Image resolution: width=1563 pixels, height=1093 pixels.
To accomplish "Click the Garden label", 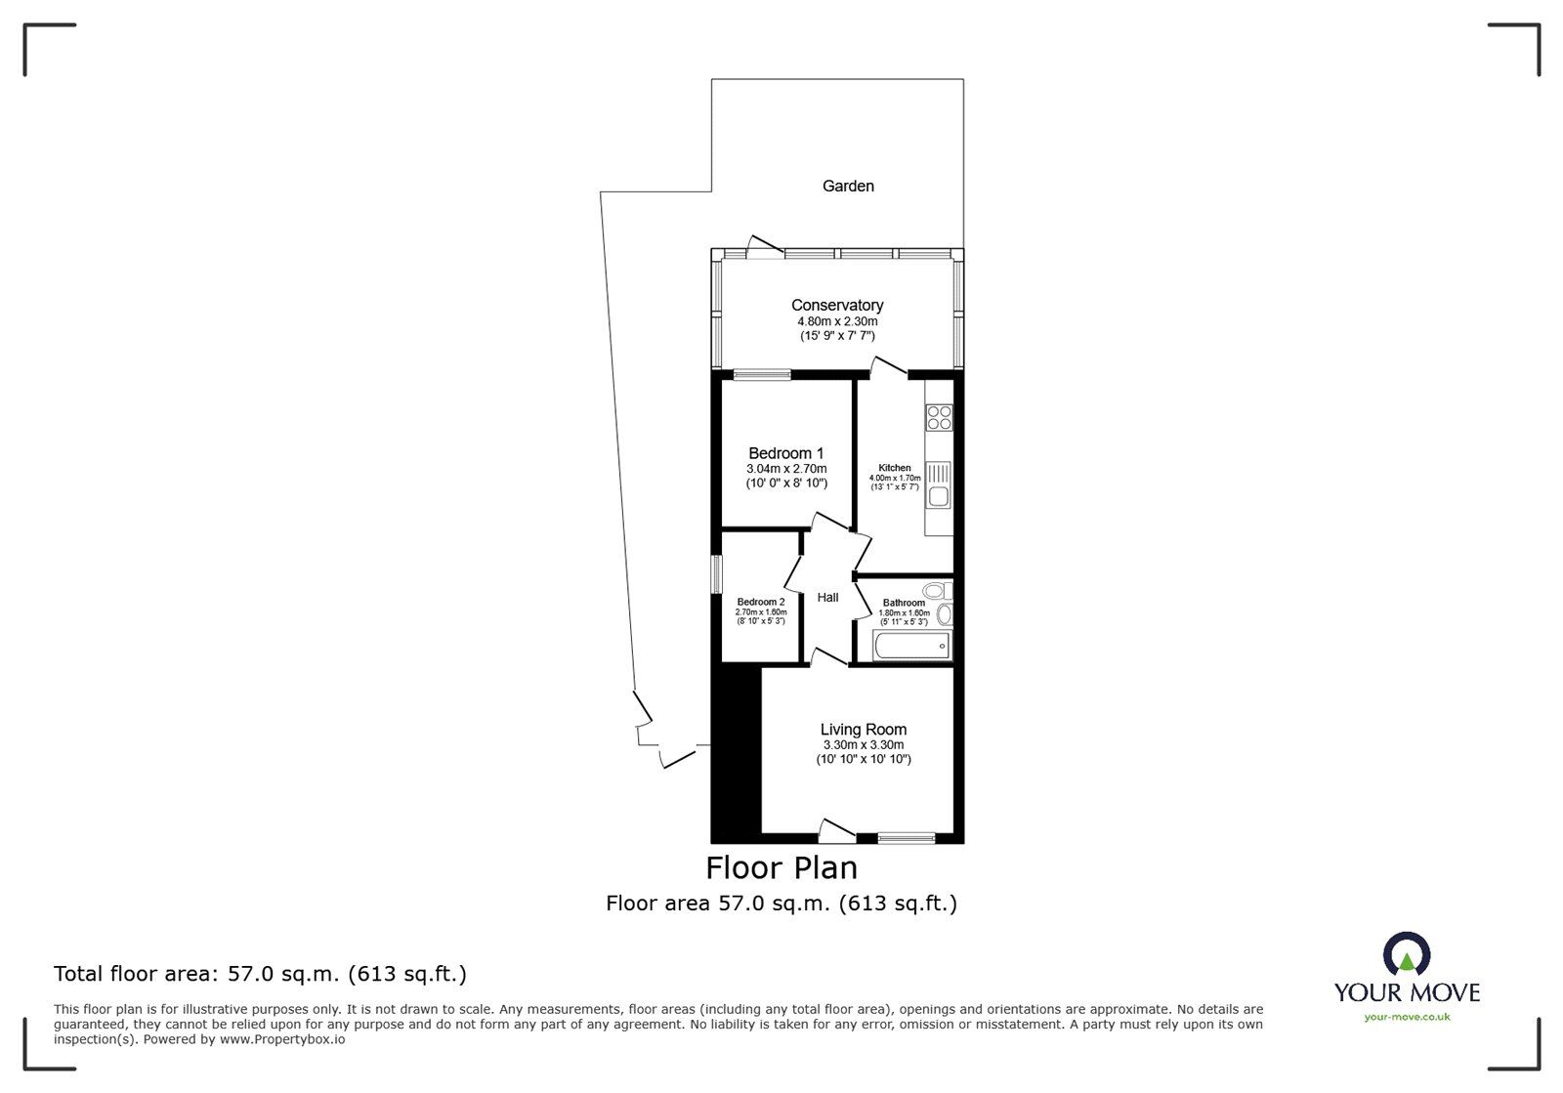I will (847, 186).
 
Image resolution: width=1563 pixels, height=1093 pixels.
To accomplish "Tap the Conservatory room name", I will (837, 306).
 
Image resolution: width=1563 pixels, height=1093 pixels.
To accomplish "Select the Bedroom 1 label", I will (785, 453).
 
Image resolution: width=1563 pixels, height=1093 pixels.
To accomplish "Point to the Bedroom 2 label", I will (760, 602).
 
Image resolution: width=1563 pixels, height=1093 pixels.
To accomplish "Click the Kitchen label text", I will (894, 468).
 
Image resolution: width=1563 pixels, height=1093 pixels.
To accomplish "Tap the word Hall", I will (827, 598).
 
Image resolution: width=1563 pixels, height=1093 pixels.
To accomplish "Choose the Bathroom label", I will (904, 603).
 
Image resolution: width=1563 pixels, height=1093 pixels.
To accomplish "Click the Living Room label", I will (863, 730).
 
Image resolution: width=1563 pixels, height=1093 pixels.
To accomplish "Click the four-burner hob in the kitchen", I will (939, 417).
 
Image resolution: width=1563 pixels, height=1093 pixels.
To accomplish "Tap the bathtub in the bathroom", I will (910, 646).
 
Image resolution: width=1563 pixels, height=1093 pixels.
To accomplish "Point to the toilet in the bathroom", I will (935, 590).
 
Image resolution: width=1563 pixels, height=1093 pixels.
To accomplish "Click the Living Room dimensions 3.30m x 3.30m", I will (863, 744).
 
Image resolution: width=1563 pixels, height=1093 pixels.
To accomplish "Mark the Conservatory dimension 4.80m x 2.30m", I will (837, 321).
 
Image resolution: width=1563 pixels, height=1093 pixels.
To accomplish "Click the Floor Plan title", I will (781, 867).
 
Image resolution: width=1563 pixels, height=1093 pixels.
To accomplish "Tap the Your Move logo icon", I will (1407, 955).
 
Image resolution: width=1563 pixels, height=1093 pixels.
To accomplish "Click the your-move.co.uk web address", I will (1407, 1017).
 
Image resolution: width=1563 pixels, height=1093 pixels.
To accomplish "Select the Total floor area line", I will (260, 974).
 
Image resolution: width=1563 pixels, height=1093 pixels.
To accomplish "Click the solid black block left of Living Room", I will (735, 752).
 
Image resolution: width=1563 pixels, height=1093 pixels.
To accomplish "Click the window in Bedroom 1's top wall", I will (762, 373).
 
